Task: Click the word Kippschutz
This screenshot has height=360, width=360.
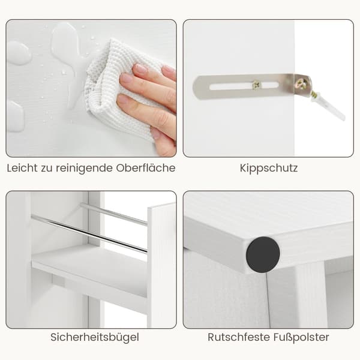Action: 269,168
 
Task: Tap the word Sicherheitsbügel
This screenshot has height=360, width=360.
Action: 95,337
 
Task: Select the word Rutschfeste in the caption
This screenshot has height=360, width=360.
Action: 239,337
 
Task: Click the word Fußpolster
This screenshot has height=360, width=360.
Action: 301,337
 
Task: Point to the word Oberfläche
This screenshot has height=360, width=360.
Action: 146,168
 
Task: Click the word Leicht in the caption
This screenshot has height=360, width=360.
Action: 22,168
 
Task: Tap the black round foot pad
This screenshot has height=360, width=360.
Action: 263,254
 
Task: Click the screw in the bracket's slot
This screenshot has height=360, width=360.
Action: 257,85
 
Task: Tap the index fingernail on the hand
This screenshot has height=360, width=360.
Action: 140,68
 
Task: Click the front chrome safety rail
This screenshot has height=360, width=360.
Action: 89,233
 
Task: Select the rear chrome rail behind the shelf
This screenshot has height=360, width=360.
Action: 114,214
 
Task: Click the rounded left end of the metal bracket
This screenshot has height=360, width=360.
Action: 198,88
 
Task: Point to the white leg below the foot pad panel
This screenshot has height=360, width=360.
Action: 310,296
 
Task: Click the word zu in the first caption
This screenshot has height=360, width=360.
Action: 47,169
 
